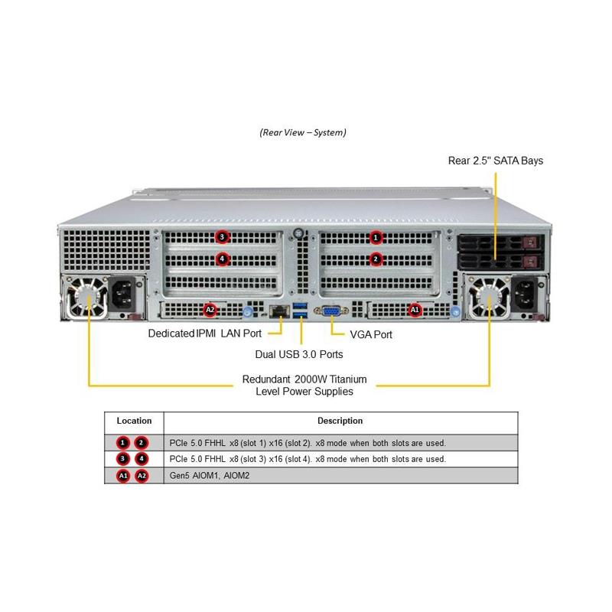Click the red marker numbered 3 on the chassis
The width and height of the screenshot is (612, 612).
[222, 236]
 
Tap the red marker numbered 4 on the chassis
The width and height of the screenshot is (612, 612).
[222, 259]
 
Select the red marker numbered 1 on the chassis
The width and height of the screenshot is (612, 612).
[376, 236]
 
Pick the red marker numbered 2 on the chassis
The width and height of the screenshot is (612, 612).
[376, 259]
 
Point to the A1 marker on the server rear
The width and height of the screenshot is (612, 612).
[415, 310]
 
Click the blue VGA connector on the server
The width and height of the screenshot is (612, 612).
[332, 311]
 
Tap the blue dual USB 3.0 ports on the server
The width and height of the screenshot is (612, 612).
[301, 311]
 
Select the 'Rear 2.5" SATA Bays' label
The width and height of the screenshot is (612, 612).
[496, 161]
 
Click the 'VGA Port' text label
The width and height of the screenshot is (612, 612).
[371, 334]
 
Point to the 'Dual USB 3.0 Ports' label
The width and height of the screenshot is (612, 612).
[298, 354]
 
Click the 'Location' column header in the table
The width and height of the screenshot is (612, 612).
[134, 421]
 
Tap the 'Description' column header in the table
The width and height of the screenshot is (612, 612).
[340, 421]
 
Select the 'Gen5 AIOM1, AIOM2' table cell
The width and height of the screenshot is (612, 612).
[207, 475]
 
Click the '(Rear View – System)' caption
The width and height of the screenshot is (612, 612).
[303, 132]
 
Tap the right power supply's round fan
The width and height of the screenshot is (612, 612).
[488, 298]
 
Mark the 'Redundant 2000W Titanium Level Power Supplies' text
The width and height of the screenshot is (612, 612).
[304, 385]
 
